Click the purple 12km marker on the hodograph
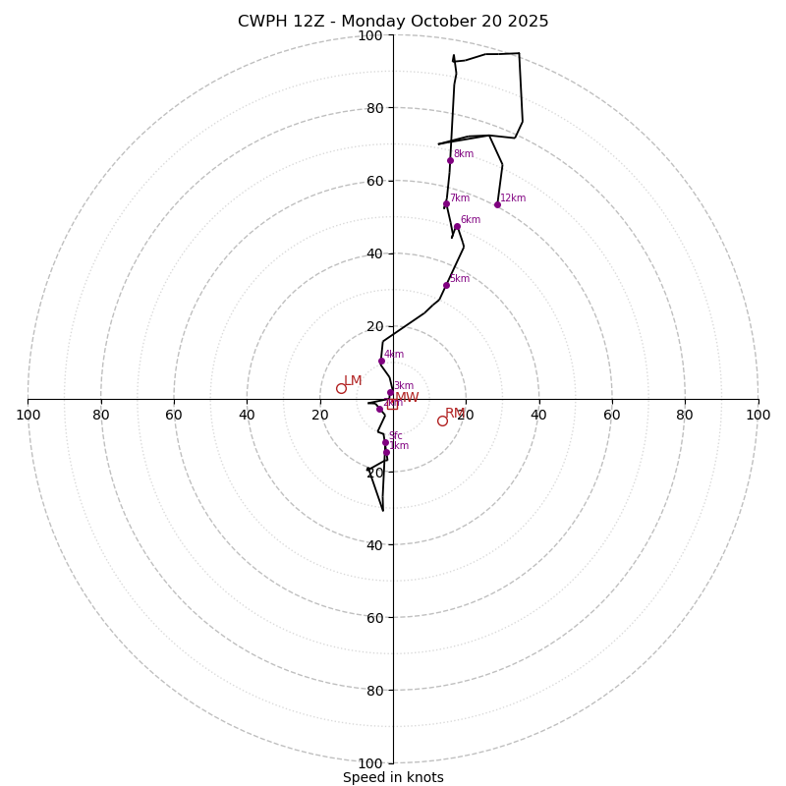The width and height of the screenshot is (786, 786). (497, 204)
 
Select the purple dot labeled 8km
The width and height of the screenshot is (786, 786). (450, 160)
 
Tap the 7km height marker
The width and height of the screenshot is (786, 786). (446, 204)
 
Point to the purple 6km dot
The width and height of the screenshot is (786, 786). (457, 226)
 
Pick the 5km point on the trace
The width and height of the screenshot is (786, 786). (446, 285)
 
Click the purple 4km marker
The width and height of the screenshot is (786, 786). (381, 361)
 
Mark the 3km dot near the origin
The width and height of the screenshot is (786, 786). (390, 392)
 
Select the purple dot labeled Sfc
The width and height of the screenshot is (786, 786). (385, 442)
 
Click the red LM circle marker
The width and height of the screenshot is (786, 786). (341, 388)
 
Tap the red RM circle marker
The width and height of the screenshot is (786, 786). (442, 421)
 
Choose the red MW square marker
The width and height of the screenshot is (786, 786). (392, 403)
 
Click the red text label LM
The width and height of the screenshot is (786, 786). (353, 380)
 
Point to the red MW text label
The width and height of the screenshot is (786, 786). (407, 397)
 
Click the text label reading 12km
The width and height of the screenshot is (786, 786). (513, 198)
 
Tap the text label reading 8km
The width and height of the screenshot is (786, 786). (464, 154)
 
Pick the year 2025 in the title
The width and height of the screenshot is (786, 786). (529, 22)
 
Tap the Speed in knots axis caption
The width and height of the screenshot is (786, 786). (393, 777)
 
